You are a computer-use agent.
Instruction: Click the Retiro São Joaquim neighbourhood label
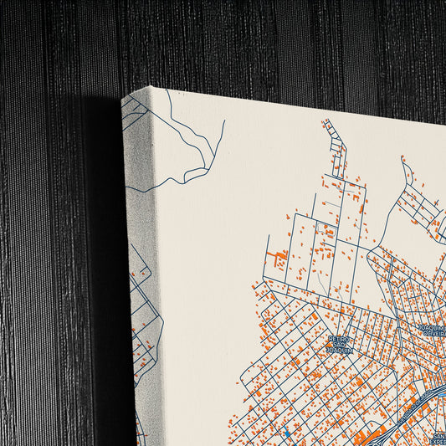[341, 345]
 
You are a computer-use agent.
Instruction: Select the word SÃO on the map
[341, 345]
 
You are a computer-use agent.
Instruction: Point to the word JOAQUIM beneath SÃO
[341, 352]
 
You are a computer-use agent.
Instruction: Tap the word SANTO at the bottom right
[438, 435]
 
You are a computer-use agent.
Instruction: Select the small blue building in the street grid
[285, 431]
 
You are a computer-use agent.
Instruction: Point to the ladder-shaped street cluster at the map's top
[336, 151]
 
